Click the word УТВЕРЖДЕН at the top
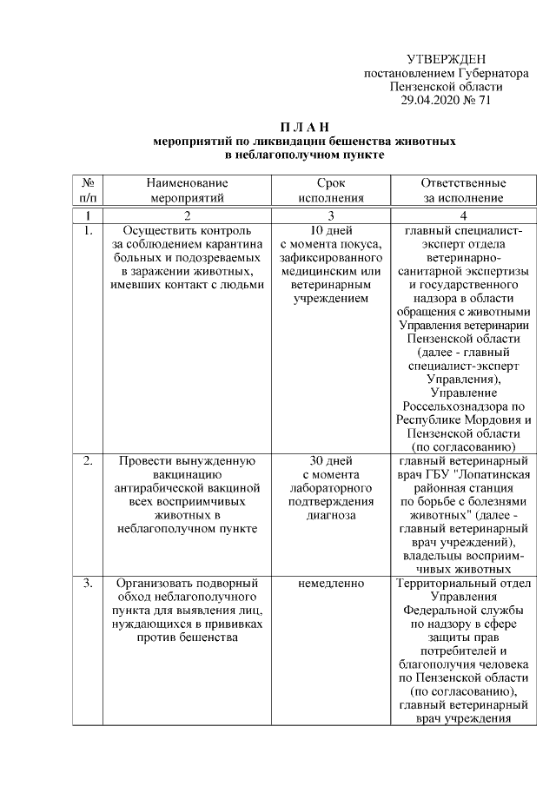pyautogui.click(x=446, y=60)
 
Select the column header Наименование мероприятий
pyautogui.click(x=187, y=190)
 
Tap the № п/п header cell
pyautogui.click(x=87, y=190)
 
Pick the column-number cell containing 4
pyautogui.click(x=463, y=215)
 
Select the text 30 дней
pyautogui.click(x=331, y=460)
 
